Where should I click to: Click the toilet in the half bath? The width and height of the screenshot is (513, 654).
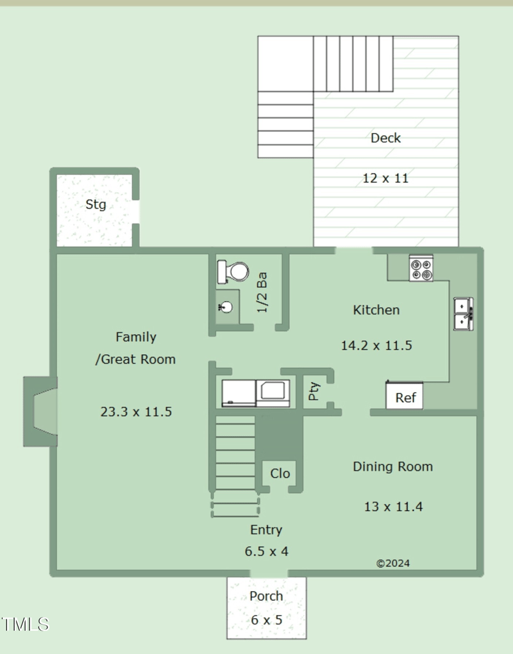[233, 272]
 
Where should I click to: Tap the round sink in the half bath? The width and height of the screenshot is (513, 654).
[226, 307]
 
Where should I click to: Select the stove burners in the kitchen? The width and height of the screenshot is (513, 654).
[421, 268]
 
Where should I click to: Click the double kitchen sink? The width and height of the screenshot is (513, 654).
[464, 314]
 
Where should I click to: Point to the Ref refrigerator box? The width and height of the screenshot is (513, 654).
[404, 395]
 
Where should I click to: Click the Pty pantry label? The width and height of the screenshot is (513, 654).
[314, 391]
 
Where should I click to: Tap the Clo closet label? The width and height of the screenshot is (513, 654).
[280, 473]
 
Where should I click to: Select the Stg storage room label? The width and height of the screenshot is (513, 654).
[96, 204]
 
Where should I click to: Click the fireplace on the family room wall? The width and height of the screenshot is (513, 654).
[40, 411]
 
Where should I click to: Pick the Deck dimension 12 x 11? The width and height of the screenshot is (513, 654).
[385, 178]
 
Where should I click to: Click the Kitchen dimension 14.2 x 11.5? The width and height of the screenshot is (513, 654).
[376, 345]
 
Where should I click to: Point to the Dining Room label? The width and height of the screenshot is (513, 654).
[393, 466]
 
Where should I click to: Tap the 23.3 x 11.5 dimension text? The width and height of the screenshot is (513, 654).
[136, 412]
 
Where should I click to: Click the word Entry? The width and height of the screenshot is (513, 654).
[266, 530]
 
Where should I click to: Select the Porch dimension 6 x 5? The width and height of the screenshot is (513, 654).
[266, 620]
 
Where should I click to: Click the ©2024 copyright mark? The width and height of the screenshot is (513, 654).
[393, 563]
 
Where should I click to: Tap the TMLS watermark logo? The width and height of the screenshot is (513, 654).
[25, 625]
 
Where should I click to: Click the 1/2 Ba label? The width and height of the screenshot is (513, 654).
[262, 292]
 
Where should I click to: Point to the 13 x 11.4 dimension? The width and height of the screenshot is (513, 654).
[393, 506]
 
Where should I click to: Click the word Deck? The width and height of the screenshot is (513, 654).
[385, 138]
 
